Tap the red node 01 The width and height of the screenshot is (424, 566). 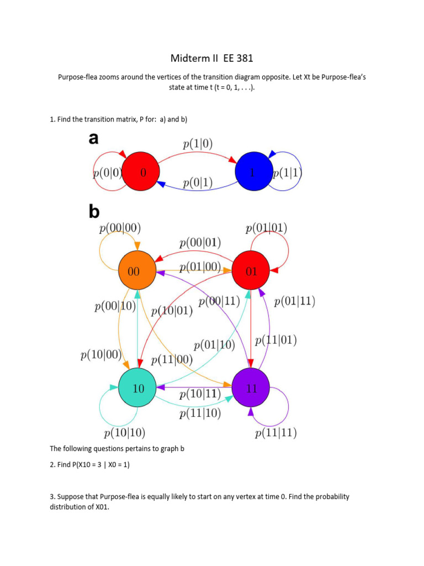(x=251, y=271)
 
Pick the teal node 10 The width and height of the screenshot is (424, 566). (x=137, y=388)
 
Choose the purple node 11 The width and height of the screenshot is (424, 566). (x=251, y=388)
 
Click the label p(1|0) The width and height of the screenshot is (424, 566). (x=198, y=145)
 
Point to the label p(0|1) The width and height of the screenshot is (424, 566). (x=198, y=181)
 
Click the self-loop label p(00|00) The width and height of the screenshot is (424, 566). (x=120, y=227)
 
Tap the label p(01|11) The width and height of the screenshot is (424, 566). (x=294, y=301)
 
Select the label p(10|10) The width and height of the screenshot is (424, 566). (x=125, y=432)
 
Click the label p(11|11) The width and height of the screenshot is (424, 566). (x=275, y=433)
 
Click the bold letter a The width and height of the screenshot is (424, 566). (x=94, y=139)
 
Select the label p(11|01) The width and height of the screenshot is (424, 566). (x=276, y=340)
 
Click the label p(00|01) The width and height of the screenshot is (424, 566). (x=200, y=243)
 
